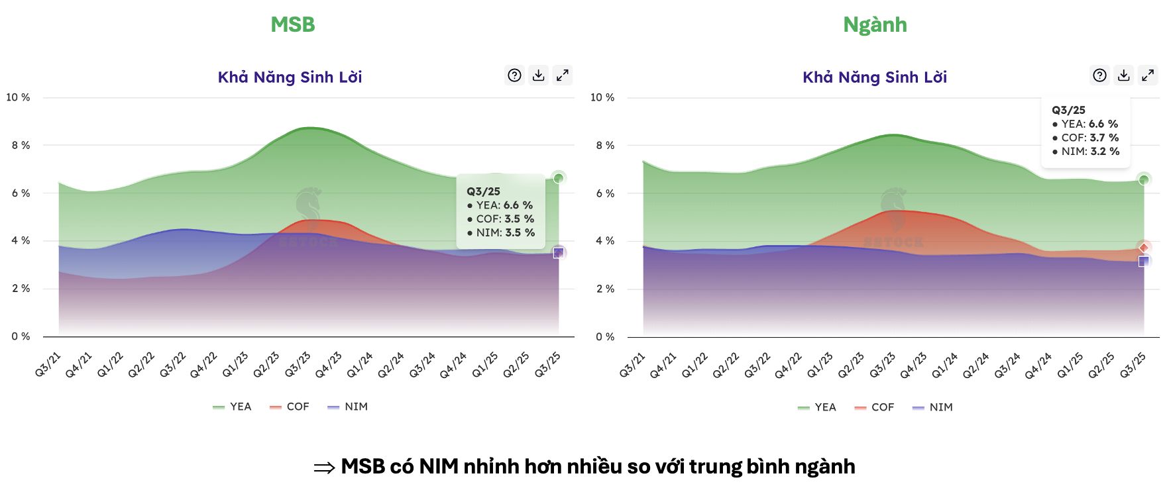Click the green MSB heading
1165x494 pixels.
(292, 25)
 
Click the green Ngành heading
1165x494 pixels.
(875, 25)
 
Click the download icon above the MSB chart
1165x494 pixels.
(538, 75)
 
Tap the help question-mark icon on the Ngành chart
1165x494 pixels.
(1099, 75)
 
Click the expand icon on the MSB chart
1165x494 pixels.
(562, 75)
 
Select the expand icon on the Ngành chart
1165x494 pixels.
(1147, 75)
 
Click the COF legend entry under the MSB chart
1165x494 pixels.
(290, 407)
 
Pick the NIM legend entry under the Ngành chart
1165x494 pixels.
(933, 407)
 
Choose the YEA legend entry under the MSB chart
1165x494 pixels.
(233, 407)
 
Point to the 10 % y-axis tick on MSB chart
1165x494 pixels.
(19, 97)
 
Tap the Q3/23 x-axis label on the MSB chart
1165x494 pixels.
(298, 364)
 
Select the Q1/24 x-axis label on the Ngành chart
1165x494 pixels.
(944, 365)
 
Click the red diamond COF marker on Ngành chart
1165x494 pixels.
(1144, 248)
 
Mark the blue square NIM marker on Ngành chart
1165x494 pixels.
(1144, 262)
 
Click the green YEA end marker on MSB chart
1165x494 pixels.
(559, 178)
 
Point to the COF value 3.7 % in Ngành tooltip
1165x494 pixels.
(1104, 138)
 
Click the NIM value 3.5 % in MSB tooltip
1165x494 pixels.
(520, 232)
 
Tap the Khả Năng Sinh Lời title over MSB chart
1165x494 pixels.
(290, 77)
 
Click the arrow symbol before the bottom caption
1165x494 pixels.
(324, 468)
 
